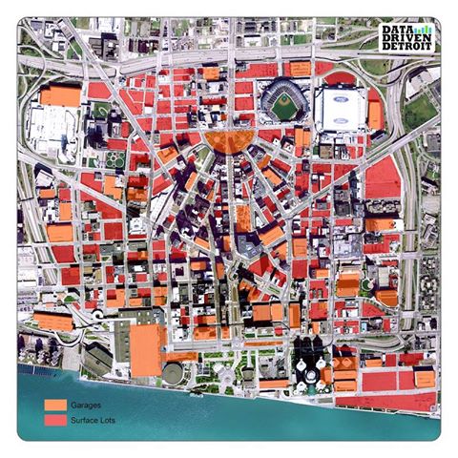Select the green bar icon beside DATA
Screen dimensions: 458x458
tap(425, 30)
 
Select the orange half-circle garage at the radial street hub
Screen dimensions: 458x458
tap(229, 141)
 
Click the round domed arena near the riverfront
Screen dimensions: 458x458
tap(175, 371)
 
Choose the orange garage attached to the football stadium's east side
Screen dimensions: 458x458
tap(376, 114)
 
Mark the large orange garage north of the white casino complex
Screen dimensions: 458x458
tap(62, 95)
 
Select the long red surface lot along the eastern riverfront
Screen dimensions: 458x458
tap(391, 380)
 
